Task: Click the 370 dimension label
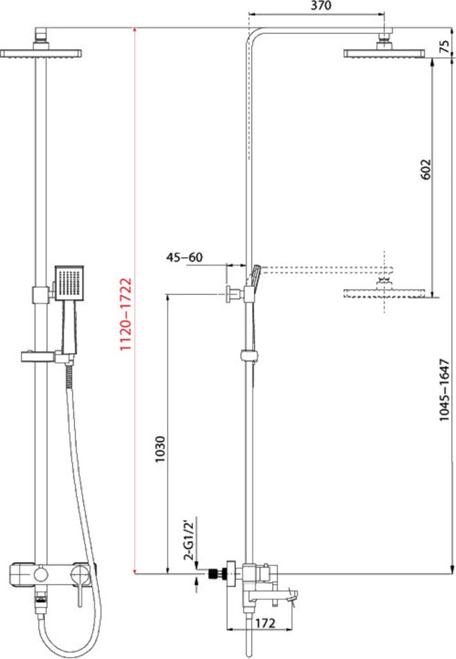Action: [x=321, y=6]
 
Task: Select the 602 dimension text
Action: [x=425, y=169]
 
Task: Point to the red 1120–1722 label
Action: [x=126, y=314]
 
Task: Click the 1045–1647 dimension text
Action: [x=444, y=390]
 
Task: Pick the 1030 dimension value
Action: [x=160, y=450]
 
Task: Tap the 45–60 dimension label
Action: [x=184, y=257]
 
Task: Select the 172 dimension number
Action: [x=265, y=624]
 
